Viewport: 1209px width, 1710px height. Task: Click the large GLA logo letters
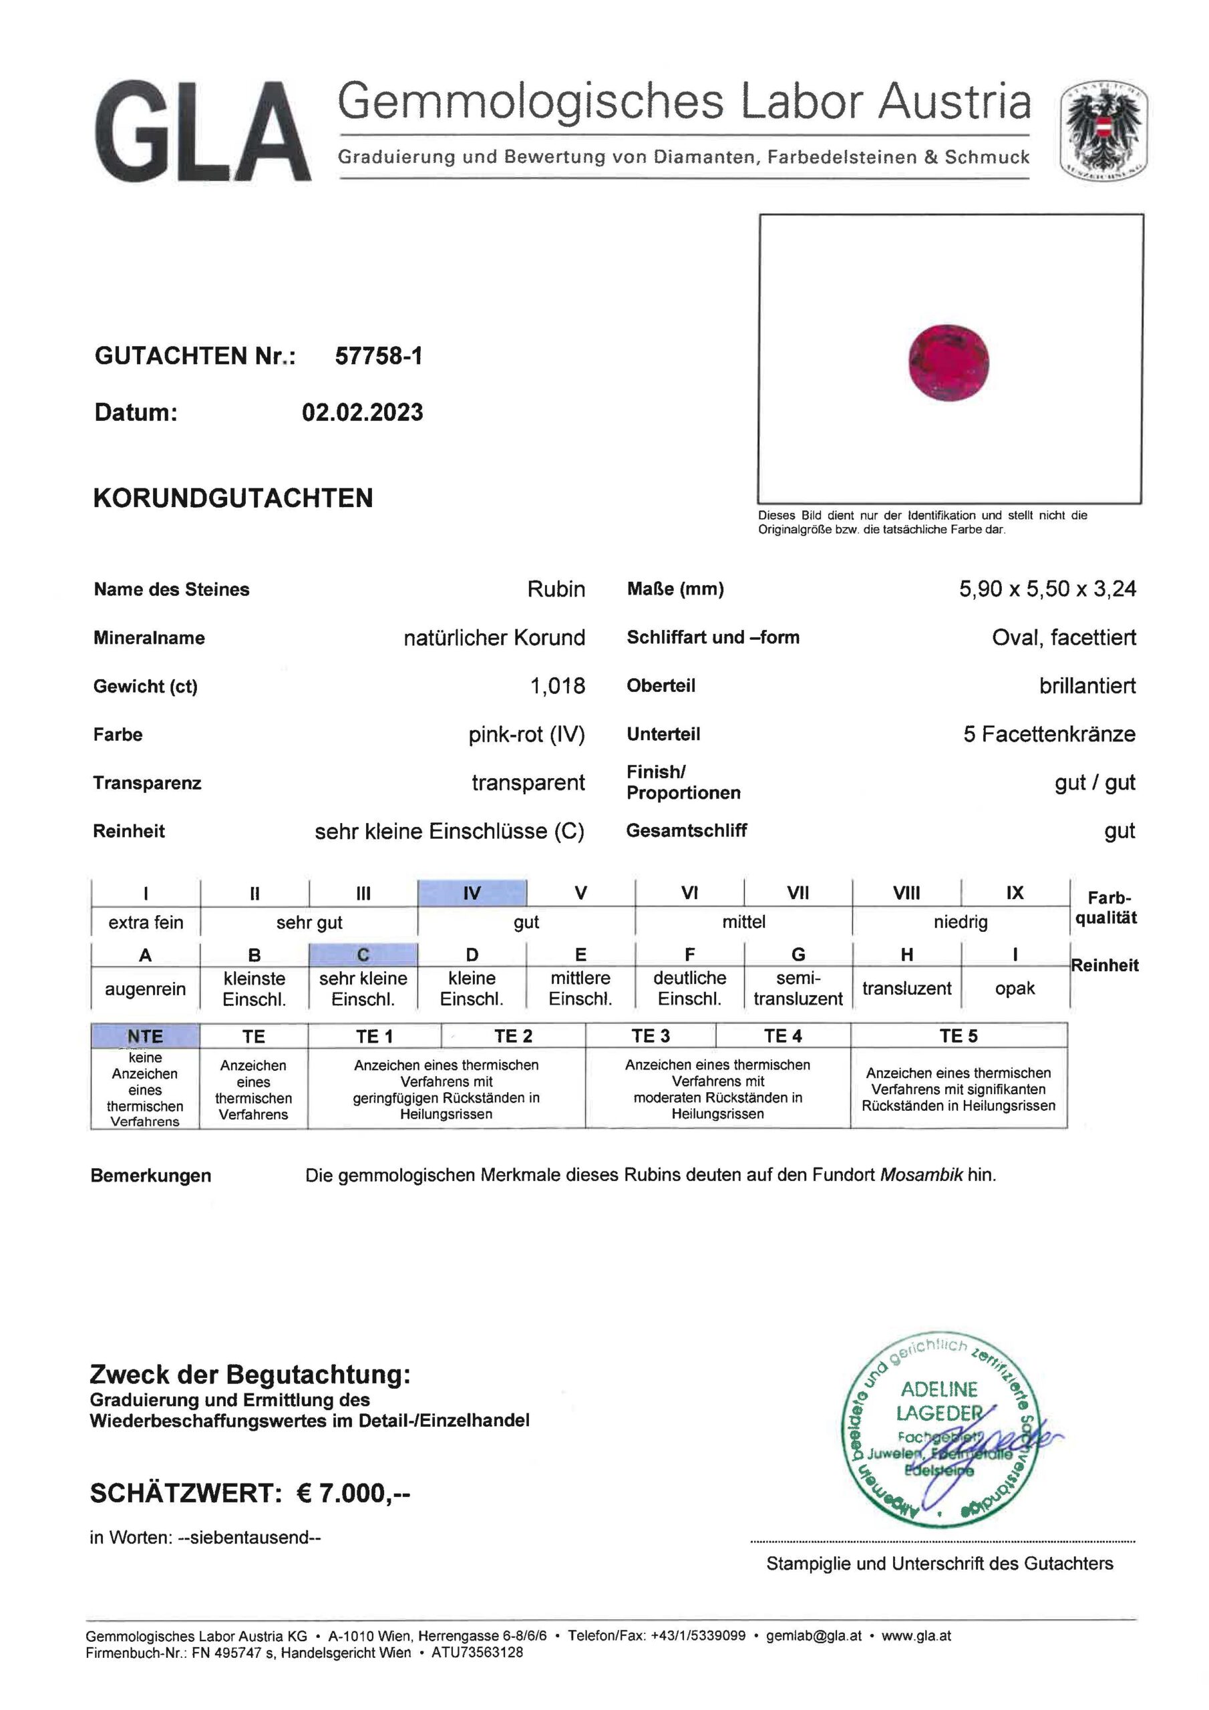click(202, 132)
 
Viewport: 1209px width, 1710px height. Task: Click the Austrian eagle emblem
click(1103, 131)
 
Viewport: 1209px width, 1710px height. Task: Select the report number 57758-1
click(379, 356)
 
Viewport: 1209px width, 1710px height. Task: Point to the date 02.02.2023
click(362, 412)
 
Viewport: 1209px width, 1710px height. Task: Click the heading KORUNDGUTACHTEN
click(233, 498)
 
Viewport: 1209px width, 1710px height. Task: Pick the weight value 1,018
click(557, 685)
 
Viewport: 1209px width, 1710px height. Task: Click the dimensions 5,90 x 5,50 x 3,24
click(1047, 588)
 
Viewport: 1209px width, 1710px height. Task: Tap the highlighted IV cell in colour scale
click(472, 892)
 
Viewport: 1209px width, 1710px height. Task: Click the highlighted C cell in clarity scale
click(363, 954)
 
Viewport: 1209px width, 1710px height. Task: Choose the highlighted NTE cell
click(145, 1036)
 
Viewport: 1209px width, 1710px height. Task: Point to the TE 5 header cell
click(958, 1035)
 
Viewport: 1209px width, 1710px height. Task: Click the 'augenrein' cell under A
click(145, 989)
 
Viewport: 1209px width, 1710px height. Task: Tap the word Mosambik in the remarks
click(922, 1175)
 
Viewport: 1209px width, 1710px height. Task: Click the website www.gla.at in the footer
click(916, 1636)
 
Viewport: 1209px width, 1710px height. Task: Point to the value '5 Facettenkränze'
click(1049, 733)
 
